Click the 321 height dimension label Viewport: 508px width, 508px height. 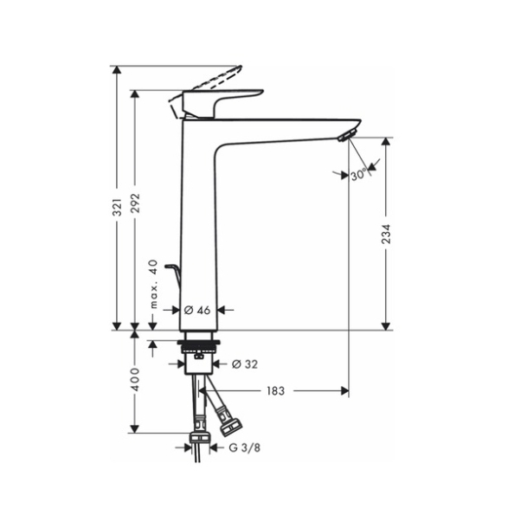(x=117, y=207)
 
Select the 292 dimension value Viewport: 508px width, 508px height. (x=135, y=203)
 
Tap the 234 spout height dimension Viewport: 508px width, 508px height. (x=386, y=234)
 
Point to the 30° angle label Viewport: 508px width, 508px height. (x=358, y=176)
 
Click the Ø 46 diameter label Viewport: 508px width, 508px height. (x=197, y=310)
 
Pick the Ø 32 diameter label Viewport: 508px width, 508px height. (x=245, y=364)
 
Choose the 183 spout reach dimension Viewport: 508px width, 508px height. (x=275, y=390)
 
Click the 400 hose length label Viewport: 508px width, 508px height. (x=135, y=379)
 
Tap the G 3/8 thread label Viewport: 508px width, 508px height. (x=245, y=447)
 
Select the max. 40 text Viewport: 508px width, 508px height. (x=153, y=284)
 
